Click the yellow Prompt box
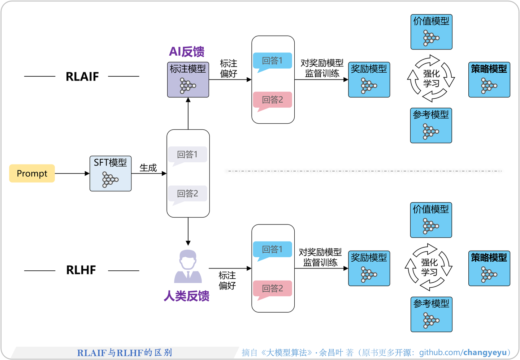tap(32, 173)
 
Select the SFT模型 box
tap(110, 173)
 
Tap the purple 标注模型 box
tap(188, 80)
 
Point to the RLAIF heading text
tap(82, 77)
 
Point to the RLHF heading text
tap(81, 270)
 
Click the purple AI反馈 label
tap(187, 52)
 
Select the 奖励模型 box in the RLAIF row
tap(369, 80)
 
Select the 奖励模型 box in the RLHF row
tap(369, 268)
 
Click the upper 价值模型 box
tap(431, 32)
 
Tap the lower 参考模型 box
tap(431, 314)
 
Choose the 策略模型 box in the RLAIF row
tap(489, 80)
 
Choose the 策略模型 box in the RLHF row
tap(489, 268)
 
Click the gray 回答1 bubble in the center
tap(187, 155)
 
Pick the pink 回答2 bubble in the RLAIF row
tap(272, 100)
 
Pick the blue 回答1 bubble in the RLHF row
tap(272, 249)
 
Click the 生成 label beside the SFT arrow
tap(148, 168)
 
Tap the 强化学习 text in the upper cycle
tap(431, 79)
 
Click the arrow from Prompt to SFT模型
tap(72, 173)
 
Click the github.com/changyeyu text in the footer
tap(463, 352)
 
